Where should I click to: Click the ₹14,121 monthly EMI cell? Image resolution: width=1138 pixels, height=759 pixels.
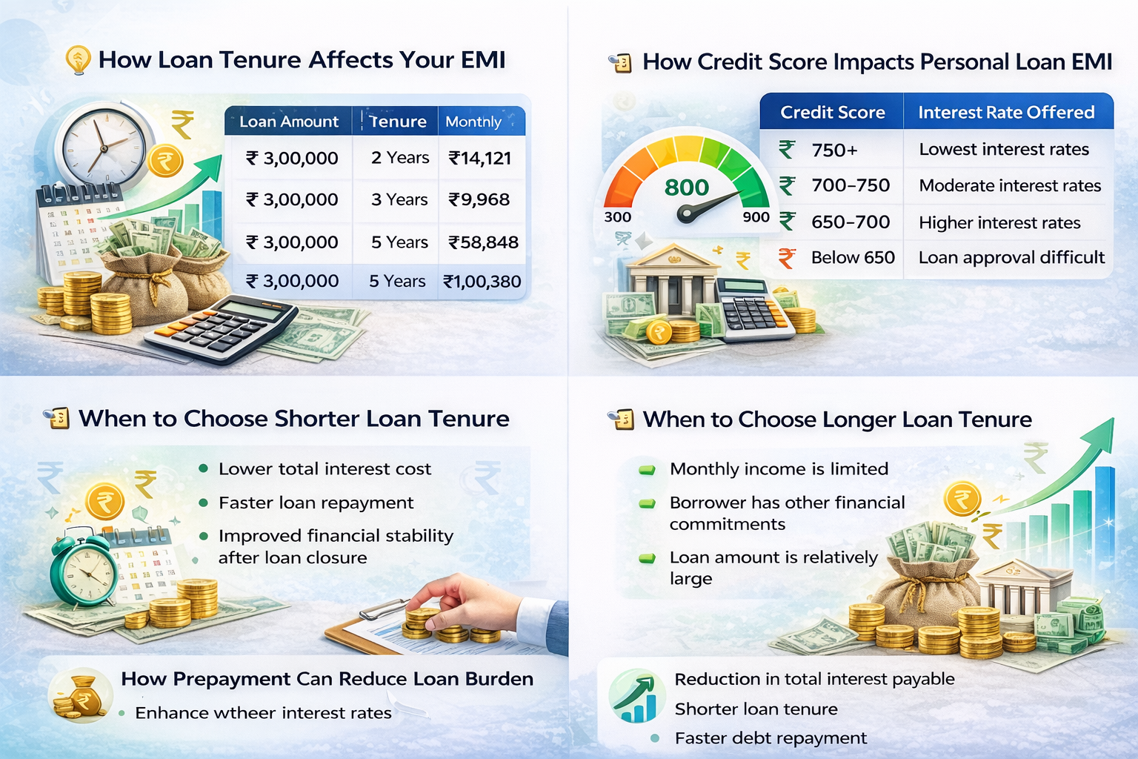click(480, 158)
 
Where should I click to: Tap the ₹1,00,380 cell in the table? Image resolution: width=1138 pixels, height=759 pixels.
click(482, 282)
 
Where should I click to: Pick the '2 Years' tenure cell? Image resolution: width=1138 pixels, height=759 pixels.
click(400, 158)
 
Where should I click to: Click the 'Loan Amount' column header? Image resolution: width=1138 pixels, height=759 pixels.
click(288, 122)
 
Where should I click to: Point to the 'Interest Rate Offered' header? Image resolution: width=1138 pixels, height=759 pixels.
click(1006, 112)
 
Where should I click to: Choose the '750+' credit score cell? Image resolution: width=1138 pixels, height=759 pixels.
click(834, 150)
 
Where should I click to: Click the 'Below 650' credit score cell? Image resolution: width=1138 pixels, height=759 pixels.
click(853, 258)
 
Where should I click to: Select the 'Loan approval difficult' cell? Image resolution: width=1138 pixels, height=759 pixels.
click(1011, 258)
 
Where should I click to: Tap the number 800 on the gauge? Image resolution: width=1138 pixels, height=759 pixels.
click(687, 188)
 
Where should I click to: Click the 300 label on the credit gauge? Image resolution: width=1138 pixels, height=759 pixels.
click(617, 217)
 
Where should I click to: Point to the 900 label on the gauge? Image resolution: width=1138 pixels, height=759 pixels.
click(756, 217)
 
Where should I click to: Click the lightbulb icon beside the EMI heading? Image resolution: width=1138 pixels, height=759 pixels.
click(78, 60)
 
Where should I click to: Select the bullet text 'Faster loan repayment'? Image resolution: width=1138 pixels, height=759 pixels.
click(316, 503)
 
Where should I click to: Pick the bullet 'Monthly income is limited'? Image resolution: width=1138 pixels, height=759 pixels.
click(779, 469)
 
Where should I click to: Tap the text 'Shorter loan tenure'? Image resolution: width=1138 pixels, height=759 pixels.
click(756, 709)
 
